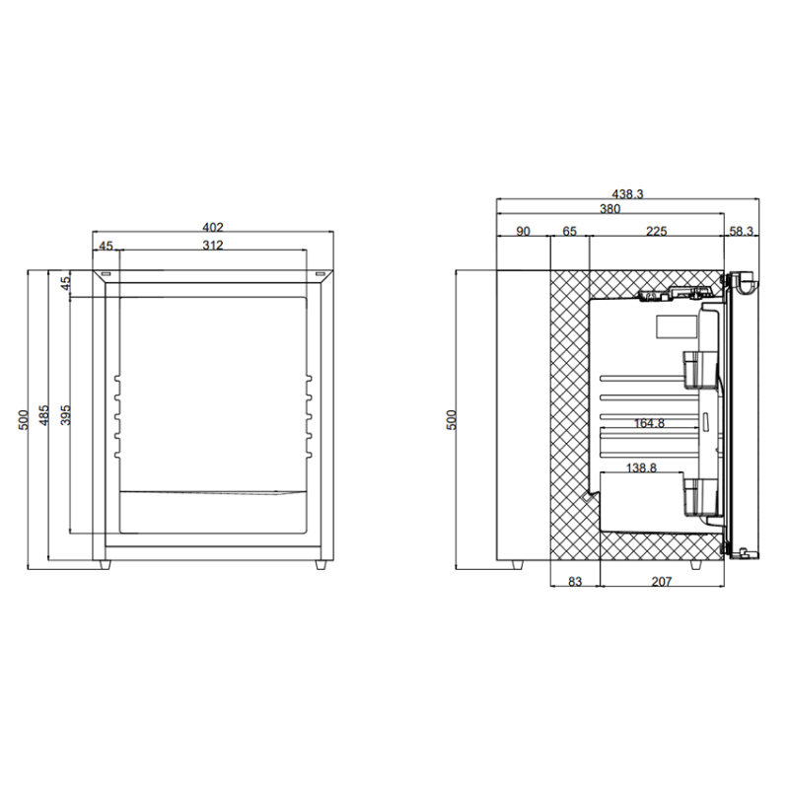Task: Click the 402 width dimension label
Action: click(212, 228)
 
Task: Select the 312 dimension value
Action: click(212, 245)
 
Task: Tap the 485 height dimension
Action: click(44, 415)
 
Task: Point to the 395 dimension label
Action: click(65, 415)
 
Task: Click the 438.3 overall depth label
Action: click(627, 193)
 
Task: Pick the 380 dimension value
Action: click(610, 208)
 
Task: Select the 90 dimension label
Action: click(524, 231)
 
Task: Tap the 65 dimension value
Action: click(570, 231)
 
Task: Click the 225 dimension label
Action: click(656, 231)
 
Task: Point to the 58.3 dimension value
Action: click(742, 231)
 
